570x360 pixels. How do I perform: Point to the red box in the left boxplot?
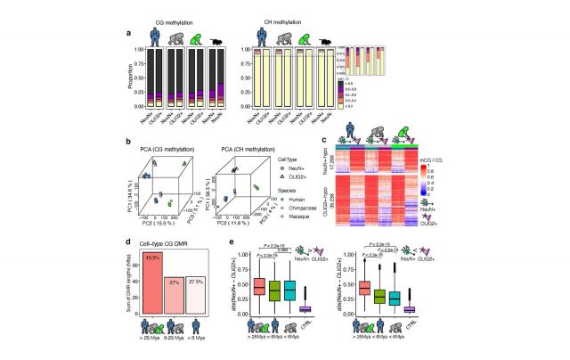[259, 287]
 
